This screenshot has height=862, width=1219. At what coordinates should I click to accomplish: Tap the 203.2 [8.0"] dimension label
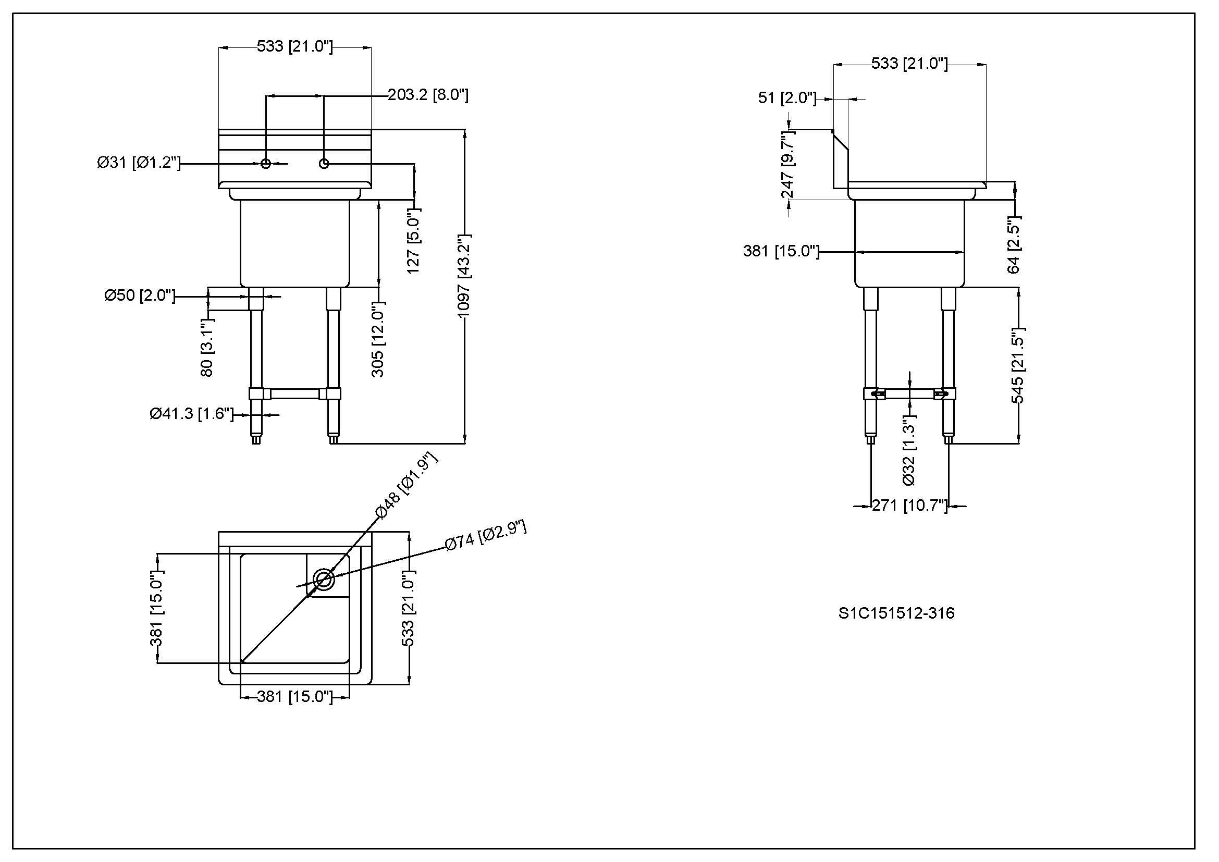(x=428, y=95)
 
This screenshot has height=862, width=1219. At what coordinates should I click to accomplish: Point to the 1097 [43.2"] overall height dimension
(x=464, y=276)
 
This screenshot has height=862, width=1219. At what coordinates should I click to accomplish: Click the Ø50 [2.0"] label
(x=140, y=295)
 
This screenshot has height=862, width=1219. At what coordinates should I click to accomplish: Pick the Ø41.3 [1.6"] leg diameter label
(x=192, y=414)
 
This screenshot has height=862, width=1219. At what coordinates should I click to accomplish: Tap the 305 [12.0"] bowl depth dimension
(x=378, y=340)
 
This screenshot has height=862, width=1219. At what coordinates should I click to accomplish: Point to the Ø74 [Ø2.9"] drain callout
(x=486, y=536)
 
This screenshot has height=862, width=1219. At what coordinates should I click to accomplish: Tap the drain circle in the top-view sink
(x=324, y=580)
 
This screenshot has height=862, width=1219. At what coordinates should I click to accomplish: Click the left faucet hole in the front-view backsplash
(x=266, y=164)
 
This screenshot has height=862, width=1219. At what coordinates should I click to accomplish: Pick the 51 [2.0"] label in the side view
(x=787, y=98)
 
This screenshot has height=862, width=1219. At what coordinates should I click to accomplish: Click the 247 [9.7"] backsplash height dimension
(x=788, y=166)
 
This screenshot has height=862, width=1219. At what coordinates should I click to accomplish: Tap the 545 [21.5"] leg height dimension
(x=1018, y=366)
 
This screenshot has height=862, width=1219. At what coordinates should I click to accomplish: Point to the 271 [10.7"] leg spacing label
(x=909, y=506)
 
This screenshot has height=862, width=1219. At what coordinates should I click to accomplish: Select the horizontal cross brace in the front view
(x=295, y=394)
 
